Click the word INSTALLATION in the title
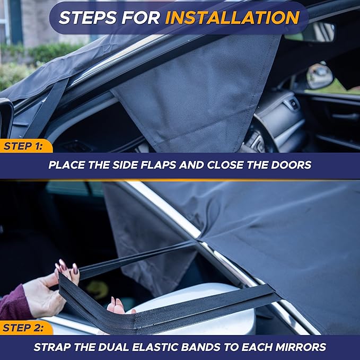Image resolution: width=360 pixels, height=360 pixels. pyautogui.click(x=232, y=17)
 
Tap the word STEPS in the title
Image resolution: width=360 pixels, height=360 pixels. pyautogui.click(x=88, y=17)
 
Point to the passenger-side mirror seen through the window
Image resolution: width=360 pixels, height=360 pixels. pyautogui.click(x=320, y=76)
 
